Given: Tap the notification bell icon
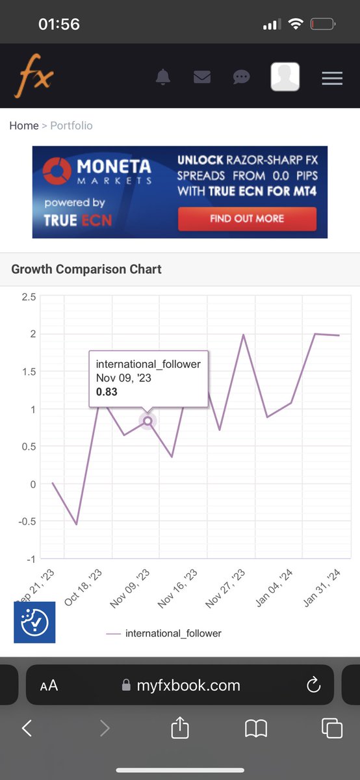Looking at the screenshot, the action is (x=163, y=77).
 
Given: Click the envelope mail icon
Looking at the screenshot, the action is (x=202, y=77).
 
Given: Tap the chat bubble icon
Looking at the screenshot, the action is (x=241, y=77).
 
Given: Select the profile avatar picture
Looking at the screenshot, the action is (x=285, y=77).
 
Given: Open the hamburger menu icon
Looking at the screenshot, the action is (x=332, y=78).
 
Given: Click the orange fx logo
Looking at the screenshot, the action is (x=34, y=75).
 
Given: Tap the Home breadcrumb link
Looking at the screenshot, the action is (x=24, y=125).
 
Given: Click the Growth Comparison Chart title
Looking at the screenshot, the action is (x=86, y=269).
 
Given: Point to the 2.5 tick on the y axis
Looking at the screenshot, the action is (x=29, y=296).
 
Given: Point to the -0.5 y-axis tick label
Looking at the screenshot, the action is (x=27, y=521).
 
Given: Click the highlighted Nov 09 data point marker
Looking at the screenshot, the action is (x=148, y=421).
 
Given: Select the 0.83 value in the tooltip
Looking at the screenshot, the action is (x=107, y=392).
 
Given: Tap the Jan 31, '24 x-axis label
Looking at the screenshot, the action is (x=322, y=588).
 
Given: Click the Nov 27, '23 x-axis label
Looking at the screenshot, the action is (x=225, y=588).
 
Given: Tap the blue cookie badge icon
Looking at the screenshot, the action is (x=34, y=622).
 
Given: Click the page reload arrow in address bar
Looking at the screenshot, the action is (x=313, y=684).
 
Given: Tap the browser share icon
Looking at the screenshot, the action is (x=180, y=728).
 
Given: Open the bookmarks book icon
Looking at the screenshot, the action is (x=256, y=729).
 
